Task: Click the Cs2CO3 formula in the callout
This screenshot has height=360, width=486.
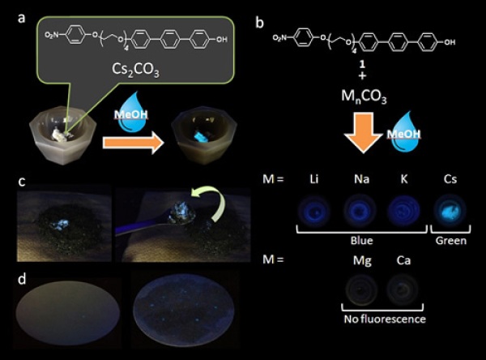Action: (x=135, y=69)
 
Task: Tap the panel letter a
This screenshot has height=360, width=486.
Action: (x=21, y=19)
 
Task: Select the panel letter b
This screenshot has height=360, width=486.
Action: (x=259, y=23)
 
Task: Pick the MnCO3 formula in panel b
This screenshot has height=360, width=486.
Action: (x=364, y=96)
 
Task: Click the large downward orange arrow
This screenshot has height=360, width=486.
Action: (x=363, y=133)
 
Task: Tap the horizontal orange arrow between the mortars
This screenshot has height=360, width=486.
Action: (x=134, y=143)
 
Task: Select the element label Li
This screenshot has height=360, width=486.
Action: (x=314, y=179)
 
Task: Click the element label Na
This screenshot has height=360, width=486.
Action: (x=362, y=179)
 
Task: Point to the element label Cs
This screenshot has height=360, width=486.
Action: (x=450, y=179)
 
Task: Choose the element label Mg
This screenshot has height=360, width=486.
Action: (x=362, y=261)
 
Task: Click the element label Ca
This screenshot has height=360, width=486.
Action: (x=403, y=260)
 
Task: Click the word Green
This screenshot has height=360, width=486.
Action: (x=451, y=241)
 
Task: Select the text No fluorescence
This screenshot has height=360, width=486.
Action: (x=385, y=319)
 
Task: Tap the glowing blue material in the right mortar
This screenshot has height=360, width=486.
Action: (x=202, y=136)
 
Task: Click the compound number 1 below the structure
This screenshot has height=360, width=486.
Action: (x=362, y=64)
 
